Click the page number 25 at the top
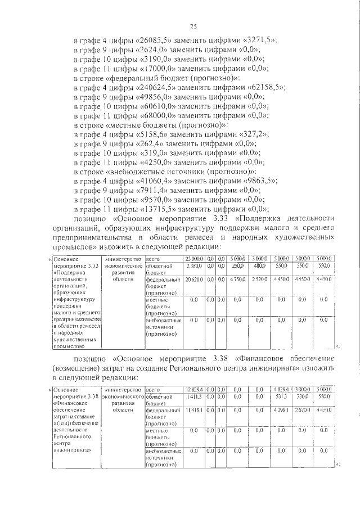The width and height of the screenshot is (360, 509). [x=192, y=26]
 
